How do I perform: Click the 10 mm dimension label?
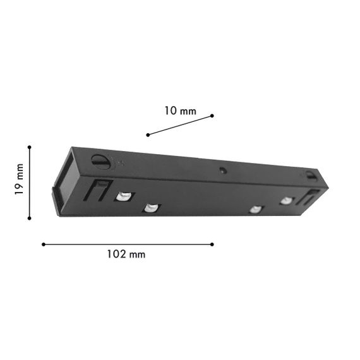tap(180, 111)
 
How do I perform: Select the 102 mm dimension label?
tap(126, 255)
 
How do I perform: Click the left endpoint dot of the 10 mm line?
tap(148, 135)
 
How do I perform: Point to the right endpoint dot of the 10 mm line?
tap(212, 116)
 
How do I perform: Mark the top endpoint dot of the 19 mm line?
tap(29, 147)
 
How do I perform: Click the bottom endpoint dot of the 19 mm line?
tap(29, 218)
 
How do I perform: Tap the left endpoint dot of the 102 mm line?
tap(43, 244)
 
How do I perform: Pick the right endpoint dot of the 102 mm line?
tap(212, 244)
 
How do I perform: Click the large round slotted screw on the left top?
tap(100, 161)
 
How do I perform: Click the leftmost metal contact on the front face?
tap(124, 196)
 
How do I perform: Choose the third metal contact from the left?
tap(255, 210)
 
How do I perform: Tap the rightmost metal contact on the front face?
tap(287, 200)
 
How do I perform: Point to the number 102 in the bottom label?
tap(117, 255)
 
